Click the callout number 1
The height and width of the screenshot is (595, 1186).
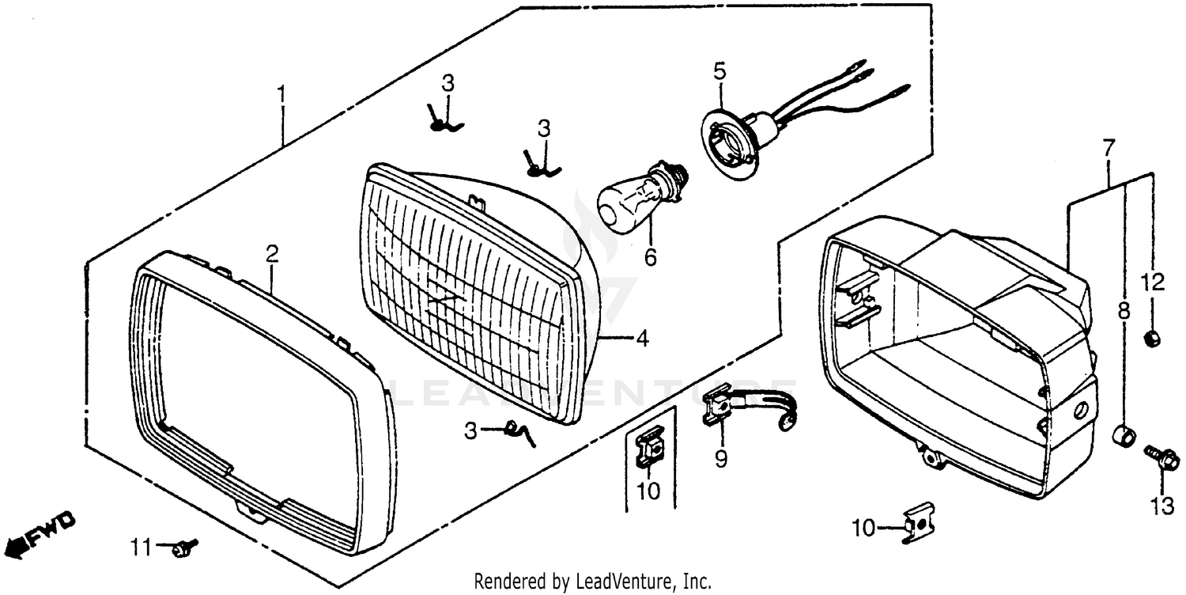(281, 95)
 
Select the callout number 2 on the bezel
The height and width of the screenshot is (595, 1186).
(272, 254)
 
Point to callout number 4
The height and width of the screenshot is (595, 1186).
(642, 339)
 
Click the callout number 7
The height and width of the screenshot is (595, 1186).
(1109, 147)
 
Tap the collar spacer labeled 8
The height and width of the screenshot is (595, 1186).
(1124, 434)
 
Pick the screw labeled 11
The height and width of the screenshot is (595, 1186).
(187, 545)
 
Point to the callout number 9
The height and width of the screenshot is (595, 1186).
(721, 460)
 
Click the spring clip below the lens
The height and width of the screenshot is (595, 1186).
(520, 432)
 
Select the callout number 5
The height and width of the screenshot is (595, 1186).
(719, 71)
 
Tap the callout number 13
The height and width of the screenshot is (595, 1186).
(1162, 507)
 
